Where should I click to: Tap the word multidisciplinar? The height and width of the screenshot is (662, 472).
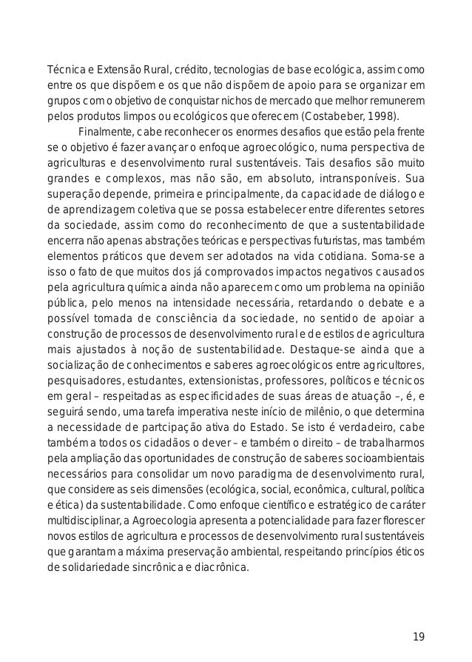(x=80, y=521)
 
